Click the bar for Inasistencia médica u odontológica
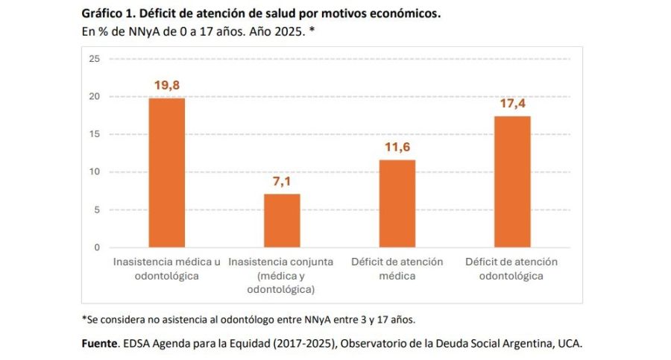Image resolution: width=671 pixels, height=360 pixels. point(167,172)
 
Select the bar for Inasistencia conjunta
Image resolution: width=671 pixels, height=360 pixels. point(282,220)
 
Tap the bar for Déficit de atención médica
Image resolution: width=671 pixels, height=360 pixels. point(397,203)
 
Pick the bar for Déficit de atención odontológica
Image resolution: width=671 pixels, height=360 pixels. point(512,181)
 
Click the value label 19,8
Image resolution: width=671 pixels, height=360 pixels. point(167,86)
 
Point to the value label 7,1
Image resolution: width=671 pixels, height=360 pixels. point(282,181)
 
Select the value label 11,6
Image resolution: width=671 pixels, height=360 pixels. point(397,148)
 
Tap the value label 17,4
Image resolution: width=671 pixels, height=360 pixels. point(512,104)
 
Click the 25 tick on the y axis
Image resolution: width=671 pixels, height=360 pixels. point(94,59)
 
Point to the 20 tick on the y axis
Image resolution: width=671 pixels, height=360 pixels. point(94,96)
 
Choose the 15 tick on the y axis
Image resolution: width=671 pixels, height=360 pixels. point(94,134)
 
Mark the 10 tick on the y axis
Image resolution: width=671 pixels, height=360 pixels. point(94,172)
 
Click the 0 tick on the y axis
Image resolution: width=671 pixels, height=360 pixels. point(97,247)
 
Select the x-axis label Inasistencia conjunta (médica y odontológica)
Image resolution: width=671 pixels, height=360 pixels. point(281,275)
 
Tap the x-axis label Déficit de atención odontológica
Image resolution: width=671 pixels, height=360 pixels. point(511,268)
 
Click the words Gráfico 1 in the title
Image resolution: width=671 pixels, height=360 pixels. point(105,14)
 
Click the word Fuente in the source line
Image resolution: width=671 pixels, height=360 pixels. point(99,344)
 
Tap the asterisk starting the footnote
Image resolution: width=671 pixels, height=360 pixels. point(84,318)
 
